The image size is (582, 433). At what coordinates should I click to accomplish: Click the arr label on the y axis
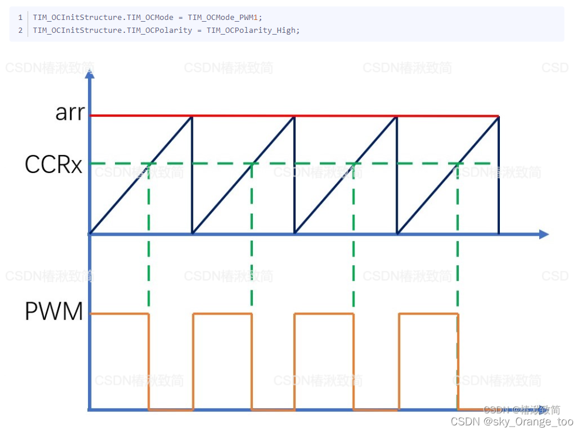pyautogui.click(x=70, y=112)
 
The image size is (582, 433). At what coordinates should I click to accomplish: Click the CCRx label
pyautogui.click(x=53, y=165)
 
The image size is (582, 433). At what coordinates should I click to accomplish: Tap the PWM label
pyautogui.click(x=54, y=312)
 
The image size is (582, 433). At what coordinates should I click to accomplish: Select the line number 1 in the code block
pyautogui.click(x=20, y=18)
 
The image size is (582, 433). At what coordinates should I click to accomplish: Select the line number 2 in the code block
pyautogui.click(x=20, y=30)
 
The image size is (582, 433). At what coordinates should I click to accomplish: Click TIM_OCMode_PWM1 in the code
pyautogui.click(x=225, y=18)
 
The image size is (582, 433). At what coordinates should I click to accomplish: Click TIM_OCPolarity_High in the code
pyautogui.click(x=252, y=30)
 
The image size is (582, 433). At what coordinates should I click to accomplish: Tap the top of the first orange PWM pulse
pyautogui.click(x=119, y=314)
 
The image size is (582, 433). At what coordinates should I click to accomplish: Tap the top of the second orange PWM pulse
pyautogui.click(x=222, y=314)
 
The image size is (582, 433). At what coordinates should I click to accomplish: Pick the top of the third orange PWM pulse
pyautogui.click(x=324, y=314)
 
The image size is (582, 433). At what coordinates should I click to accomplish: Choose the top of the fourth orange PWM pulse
pyautogui.click(x=428, y=314)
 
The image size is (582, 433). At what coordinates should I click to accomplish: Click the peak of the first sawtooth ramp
pyautogui.click(x=192, y=117)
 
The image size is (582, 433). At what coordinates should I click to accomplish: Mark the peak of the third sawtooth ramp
pyautogui.click(x=397, y=117)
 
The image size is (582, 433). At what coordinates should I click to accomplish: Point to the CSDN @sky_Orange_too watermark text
pyautogui.click(x=512, y=421)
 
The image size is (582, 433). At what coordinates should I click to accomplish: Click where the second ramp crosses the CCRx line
pyautogui.click(x=252, y=163)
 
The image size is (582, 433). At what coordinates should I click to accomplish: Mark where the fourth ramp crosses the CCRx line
pyautogui.click(x=458, y=163)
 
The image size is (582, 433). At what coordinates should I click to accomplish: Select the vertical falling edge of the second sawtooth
pyautogui.click(x=295, y=176)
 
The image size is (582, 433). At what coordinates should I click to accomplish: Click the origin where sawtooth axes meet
pyautogui.click(x=90, y=234)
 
